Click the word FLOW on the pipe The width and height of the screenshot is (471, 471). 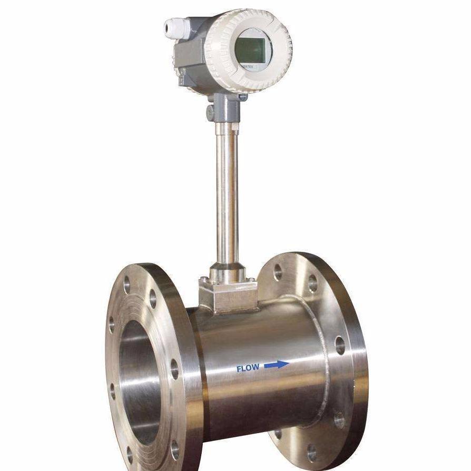(248, 368)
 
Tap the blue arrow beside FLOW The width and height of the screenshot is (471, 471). (277, 365)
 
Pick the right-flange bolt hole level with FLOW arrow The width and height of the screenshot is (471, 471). (340, 346)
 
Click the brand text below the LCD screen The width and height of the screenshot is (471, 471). (247, 67)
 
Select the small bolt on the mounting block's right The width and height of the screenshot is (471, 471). (251, 279)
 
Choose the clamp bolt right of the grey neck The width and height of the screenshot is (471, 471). (243, 97)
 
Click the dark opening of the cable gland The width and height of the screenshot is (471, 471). (168, 26)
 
